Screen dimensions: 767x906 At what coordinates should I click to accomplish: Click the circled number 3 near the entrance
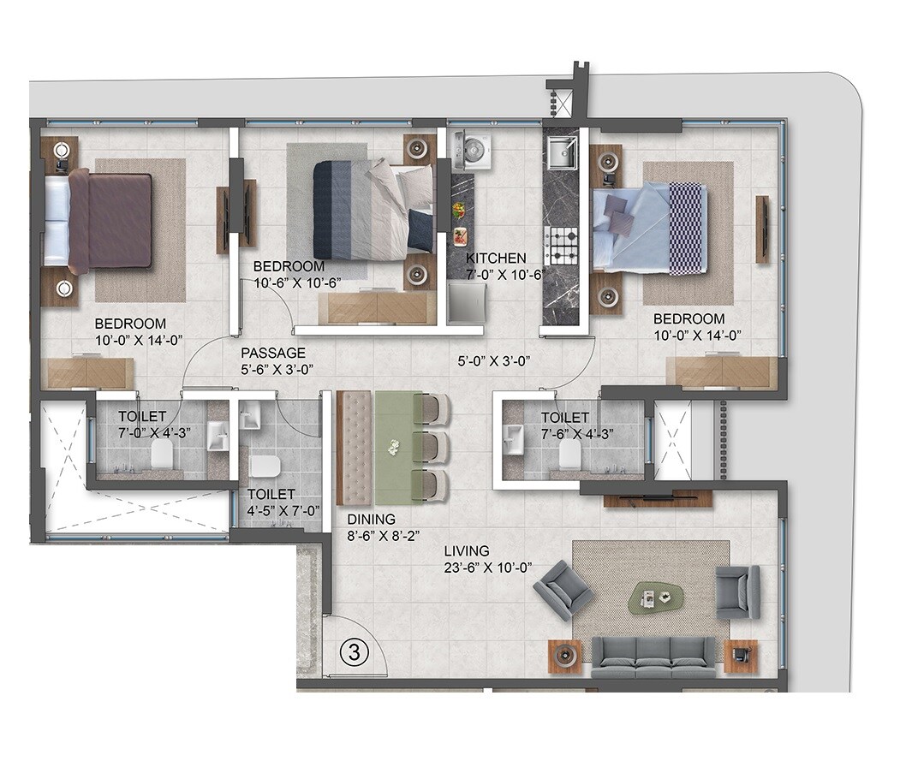coord(354,651)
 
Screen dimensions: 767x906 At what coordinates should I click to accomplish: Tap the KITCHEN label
coord(496,259)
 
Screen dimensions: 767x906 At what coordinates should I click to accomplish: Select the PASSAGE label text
coord(272,353)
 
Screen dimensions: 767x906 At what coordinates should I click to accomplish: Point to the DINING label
coord(371,519)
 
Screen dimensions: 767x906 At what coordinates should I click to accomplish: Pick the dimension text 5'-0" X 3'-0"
coord(494,360)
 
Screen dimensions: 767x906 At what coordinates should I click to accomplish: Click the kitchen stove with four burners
coord(562,245)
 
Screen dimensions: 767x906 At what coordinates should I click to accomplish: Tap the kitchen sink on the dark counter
coord(561,154)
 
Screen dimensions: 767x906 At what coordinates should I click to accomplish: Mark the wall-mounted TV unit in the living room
coord(658,498)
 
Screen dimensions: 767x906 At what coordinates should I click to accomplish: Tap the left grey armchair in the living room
coord(562,588)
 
